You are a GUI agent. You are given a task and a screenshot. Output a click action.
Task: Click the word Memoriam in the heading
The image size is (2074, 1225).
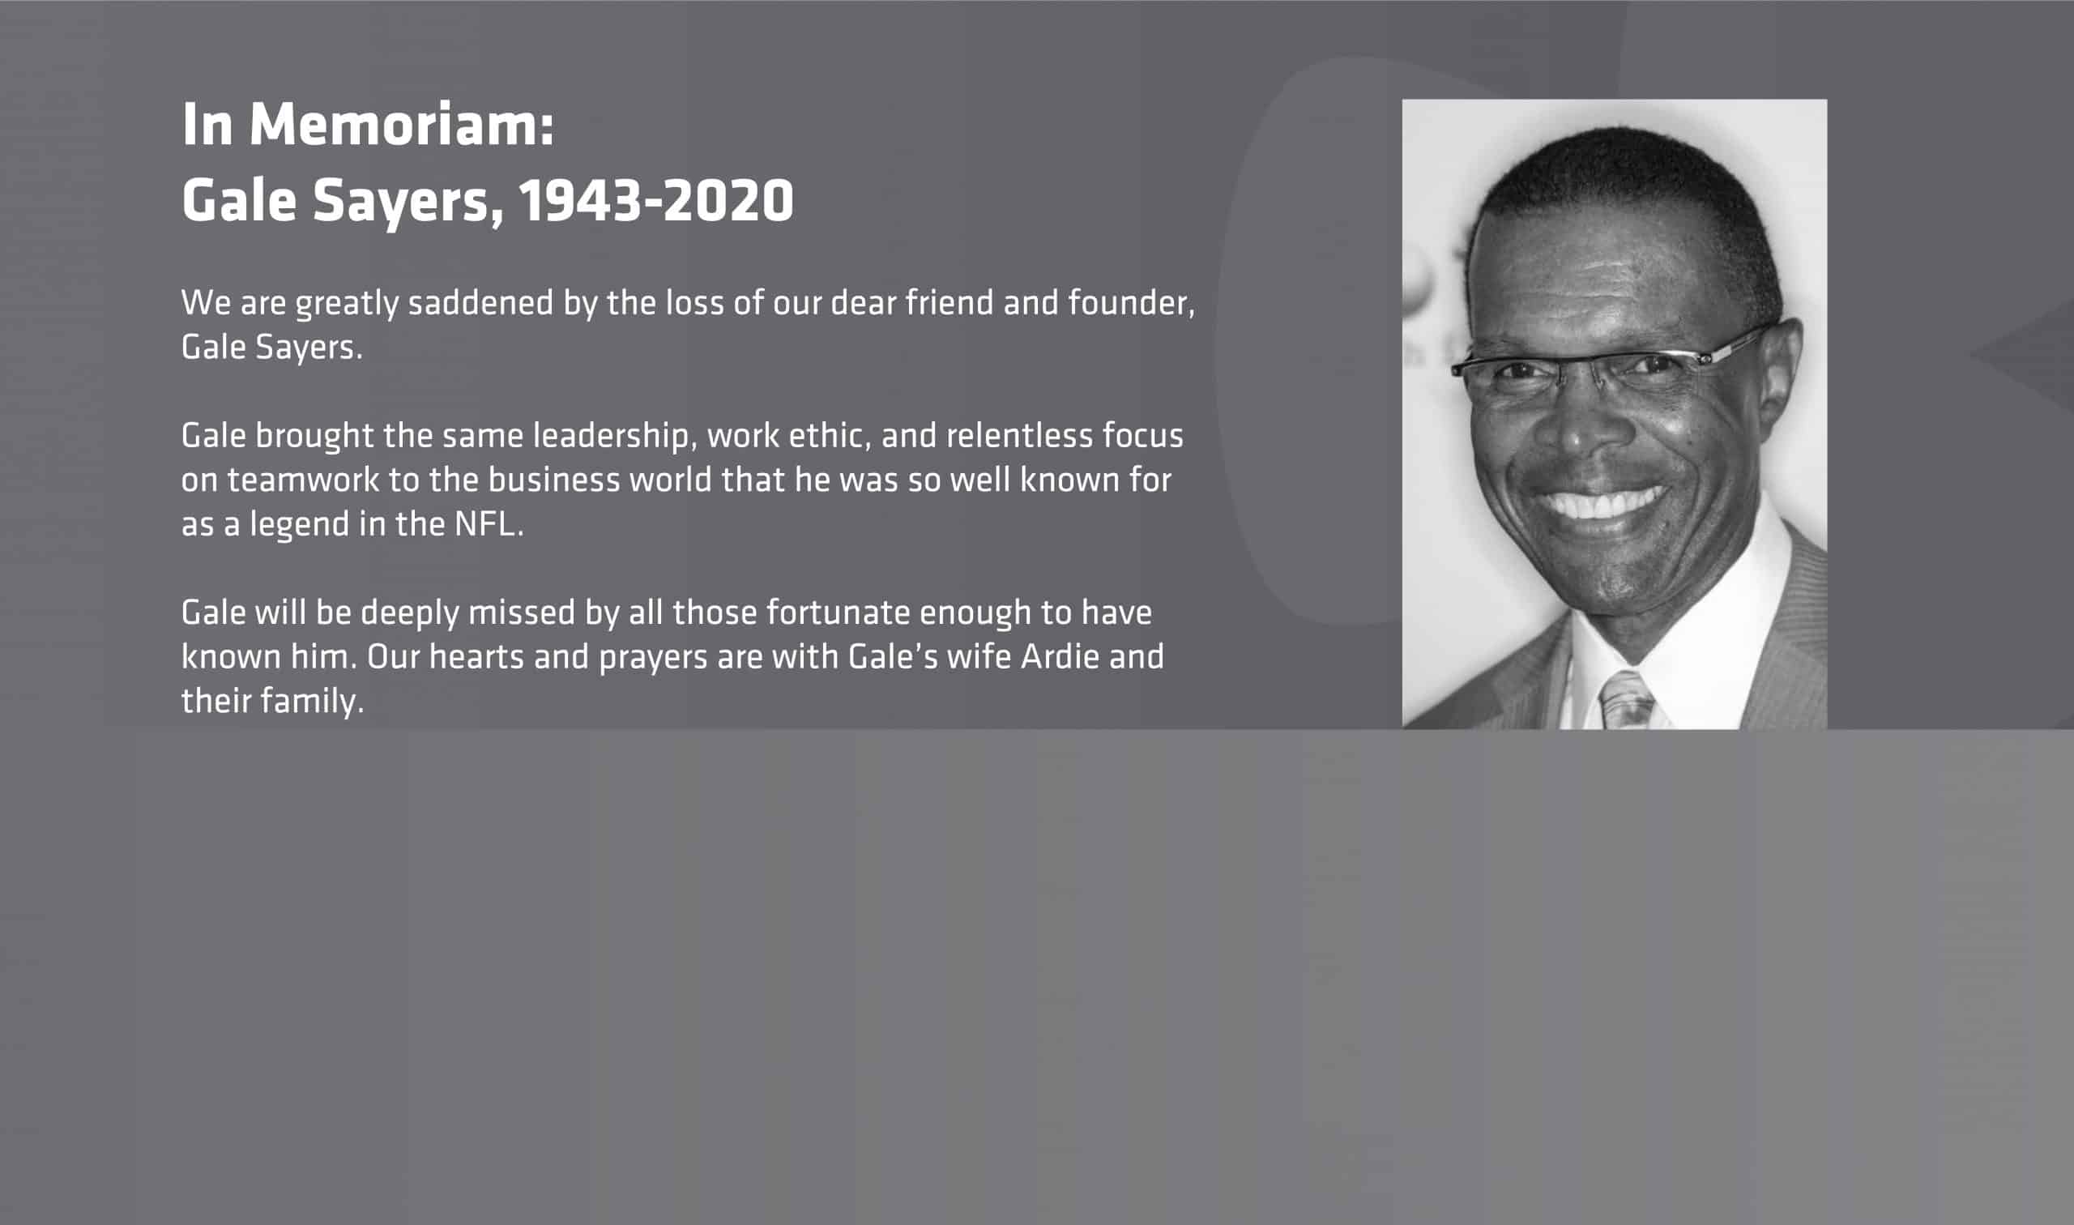[x=401, y=125]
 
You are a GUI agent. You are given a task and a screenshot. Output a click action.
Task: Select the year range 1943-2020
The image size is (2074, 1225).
[x=656, y=201]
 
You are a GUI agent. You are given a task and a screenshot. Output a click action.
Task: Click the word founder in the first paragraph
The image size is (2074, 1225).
[x=1132, y=303]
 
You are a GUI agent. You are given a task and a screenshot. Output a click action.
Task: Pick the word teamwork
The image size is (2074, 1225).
[x=303, y=480]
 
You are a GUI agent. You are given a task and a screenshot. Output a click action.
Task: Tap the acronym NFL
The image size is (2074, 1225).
[x=488, y=525]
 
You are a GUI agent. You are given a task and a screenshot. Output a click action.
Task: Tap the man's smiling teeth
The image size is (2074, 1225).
[x=1600, y=502]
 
